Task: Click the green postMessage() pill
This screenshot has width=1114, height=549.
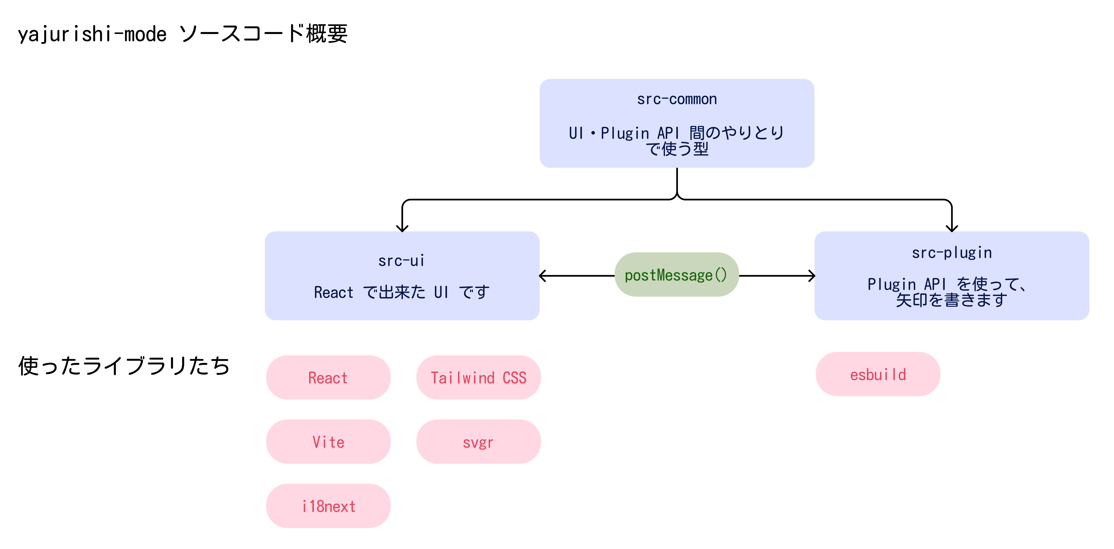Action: (676, 275)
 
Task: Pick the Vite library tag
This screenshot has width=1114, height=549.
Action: (328, 442)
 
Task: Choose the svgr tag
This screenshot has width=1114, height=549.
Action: (478, 442)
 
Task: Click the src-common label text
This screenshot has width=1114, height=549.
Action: (677, 99)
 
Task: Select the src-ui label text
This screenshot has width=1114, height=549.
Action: (402, 261)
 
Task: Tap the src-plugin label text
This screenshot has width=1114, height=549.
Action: (951, 253)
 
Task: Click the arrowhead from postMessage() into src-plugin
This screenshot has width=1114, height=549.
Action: (812, 275)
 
